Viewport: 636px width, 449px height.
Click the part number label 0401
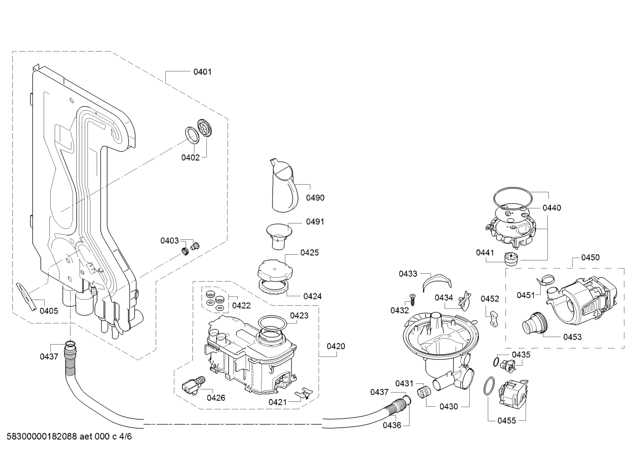[202, 72]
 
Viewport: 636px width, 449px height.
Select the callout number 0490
[315, 198]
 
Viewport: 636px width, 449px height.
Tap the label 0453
[572, 337]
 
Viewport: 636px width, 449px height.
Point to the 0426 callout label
[216, 398]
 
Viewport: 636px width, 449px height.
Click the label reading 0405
[49, 311]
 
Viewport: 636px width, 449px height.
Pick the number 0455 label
[506, 421]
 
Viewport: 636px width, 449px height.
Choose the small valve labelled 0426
[193, 385]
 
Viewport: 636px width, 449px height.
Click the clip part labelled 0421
[304, 393]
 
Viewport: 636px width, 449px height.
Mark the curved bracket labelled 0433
[436, 282]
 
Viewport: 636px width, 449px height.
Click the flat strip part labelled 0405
[26, 297]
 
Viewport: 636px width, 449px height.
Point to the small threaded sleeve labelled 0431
[423, 393]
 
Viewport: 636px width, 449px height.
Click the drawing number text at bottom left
[69, 437]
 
